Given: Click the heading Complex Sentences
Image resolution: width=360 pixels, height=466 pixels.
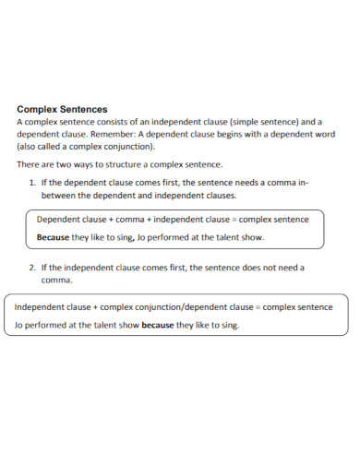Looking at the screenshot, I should (x=63, y=108).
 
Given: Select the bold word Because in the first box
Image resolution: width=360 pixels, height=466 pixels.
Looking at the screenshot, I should (x=54, y=237).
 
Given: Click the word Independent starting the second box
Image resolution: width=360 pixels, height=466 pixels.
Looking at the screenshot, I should (x=41, y=306).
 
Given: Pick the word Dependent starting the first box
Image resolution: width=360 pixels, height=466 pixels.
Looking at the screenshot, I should (x=61, y=220).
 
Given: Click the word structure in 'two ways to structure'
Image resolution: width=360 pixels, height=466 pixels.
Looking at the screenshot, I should (x=133, y=163).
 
